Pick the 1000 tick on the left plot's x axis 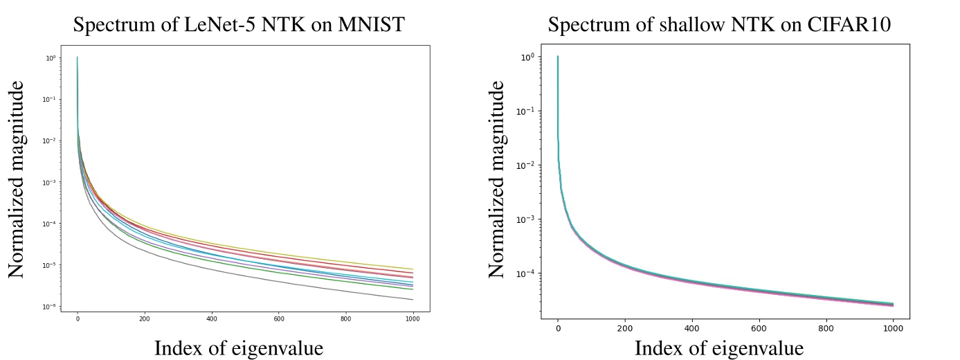click(x=413, y=320)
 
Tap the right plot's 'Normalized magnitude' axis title click(x=496, y=179)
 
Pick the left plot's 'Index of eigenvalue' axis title click(x=238, y=348)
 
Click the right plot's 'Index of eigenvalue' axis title click(x=718, y=348)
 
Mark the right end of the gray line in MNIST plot click(x=413, y=300)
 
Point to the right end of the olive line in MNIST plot click(x=413, y=269)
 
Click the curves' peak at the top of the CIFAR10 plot click(x=558, y=57)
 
